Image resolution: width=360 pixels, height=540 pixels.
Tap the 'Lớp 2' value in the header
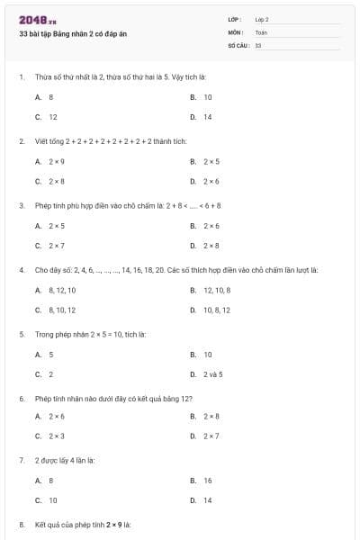click(262, 19)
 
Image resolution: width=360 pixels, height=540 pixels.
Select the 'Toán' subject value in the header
click(261, 31)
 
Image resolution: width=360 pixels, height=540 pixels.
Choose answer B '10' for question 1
click(207, 96)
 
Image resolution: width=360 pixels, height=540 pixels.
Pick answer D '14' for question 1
click(207, 117)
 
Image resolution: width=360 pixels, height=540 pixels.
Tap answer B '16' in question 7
click(207, 481)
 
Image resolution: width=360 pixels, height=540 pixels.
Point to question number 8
click(21, 524)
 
